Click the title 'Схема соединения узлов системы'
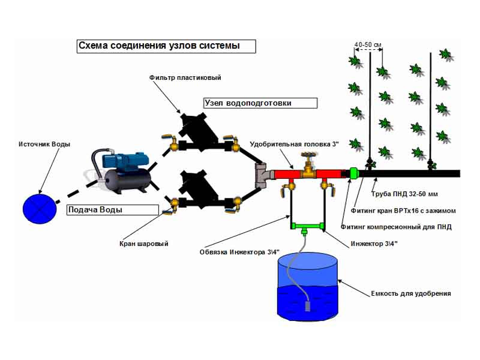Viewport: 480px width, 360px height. click(x=166, y=46)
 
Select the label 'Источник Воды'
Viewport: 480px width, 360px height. click(x=44, y=145)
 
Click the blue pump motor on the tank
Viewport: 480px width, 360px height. click(x=121, y=160)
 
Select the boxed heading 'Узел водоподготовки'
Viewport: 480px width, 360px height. click(x=260, y=103)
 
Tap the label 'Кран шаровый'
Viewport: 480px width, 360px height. click(x=143, y=244)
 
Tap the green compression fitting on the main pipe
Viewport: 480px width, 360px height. click(x=353, y=173)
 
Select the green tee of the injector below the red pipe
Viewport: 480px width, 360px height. click(x=306, y=226)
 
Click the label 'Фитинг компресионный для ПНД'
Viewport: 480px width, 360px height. click(x=396, y=227)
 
